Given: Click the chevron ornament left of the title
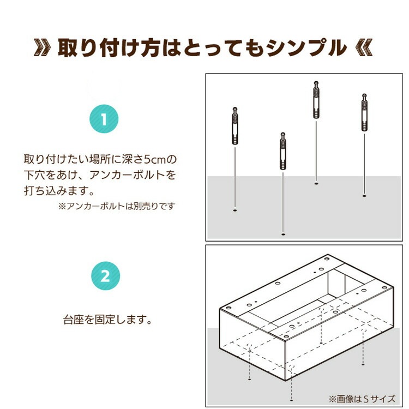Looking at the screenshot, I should click(x=43, y=48).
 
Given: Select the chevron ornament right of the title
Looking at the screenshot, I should click(x=364, y=48).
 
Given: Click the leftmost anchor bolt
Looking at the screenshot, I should click(x=235, y=127).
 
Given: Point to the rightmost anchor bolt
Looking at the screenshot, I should click(x=364, y=113).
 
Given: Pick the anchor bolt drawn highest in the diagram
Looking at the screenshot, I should click(x=316, y=100).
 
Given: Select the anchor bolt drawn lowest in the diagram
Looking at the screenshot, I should click(x=283, y=151).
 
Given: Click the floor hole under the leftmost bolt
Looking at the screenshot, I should click(x=235, y=209).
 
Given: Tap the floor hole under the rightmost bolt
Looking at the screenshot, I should click(x=364, y=195).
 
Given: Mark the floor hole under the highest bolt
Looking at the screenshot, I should click(x=316, y=184).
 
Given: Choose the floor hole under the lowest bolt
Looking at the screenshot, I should click(x=283, y=234).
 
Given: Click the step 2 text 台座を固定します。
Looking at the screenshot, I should click(x=107, y=318).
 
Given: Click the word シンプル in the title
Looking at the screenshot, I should click(x=305, y=49).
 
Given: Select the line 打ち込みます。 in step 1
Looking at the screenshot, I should click(x=60, y=191).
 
